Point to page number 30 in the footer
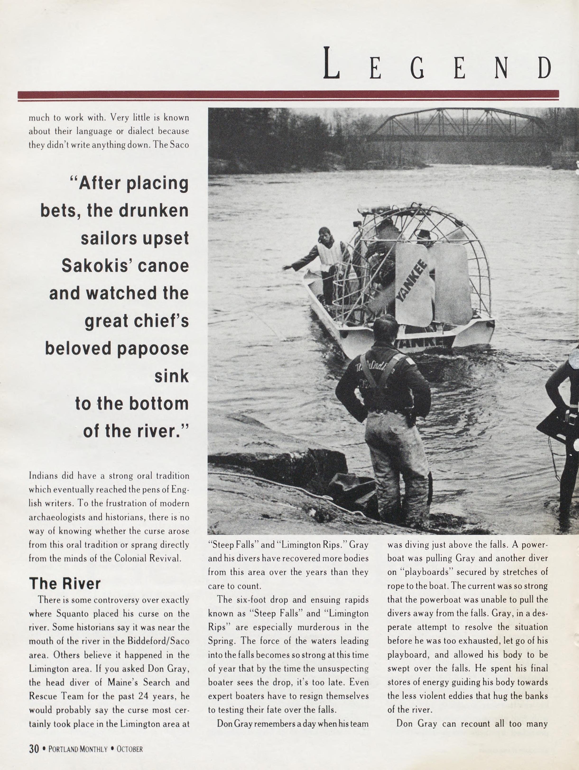[x=34, y=748]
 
